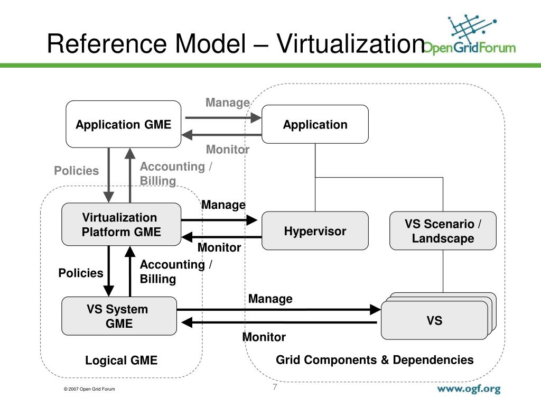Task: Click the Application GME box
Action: (x=123, y=124)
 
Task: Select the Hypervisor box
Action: (x=315, y=231)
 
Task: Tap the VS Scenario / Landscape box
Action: (x=443, y=231)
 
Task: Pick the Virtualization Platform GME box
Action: (x=121, y=225)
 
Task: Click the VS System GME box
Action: (x=119, y=316)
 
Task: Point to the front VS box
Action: (x=434, y=320)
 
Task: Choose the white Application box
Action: (x=315, y=124)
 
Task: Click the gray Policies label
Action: (x=77, y=170)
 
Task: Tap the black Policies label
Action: (x=80, y=273)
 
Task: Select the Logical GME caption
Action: (x=122, y=361)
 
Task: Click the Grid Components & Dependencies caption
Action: (x=375, y=360)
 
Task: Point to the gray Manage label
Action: (x=227, y=103)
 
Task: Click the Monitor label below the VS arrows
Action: (x=264, y=337)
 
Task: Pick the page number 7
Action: (x=275, y=387)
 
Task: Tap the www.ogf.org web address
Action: (x=468, y=389)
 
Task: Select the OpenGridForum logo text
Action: (x=470, y=48)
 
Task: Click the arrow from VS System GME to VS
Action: (x=278, y=309)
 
